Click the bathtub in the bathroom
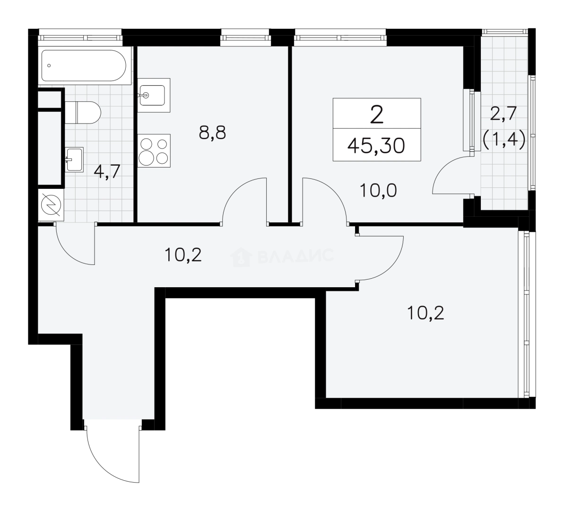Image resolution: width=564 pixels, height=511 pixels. click(84, 66)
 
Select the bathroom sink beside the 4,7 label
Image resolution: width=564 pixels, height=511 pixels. click(74, 159)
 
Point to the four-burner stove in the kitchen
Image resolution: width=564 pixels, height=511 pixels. click(154, 150)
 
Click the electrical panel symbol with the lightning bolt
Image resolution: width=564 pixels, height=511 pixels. click(51, 205)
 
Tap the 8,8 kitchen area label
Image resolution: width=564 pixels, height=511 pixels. click(212, 133)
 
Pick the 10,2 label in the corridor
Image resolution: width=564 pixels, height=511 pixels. click(183, 255)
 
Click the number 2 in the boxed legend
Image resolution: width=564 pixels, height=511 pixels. click(377, 115)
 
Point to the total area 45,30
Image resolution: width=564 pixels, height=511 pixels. click(376, 146)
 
